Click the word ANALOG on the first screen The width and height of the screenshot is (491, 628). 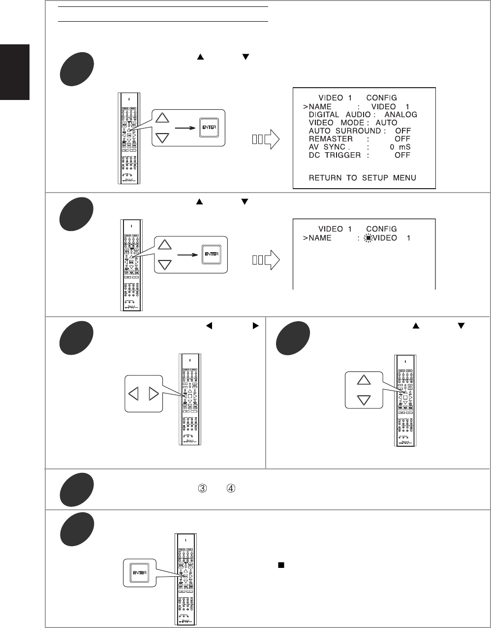[400, 114]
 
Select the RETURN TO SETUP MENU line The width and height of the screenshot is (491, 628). [362, 177]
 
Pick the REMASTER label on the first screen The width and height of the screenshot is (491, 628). [331, 139]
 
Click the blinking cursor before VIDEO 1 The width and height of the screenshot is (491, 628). [367, 238]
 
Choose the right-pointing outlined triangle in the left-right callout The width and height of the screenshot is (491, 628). [153, 394]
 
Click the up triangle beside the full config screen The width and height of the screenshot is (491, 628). [164, 118]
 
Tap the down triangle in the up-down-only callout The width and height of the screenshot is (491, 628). [364, 399]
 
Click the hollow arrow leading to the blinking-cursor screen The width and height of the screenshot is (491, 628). [266, 261]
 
